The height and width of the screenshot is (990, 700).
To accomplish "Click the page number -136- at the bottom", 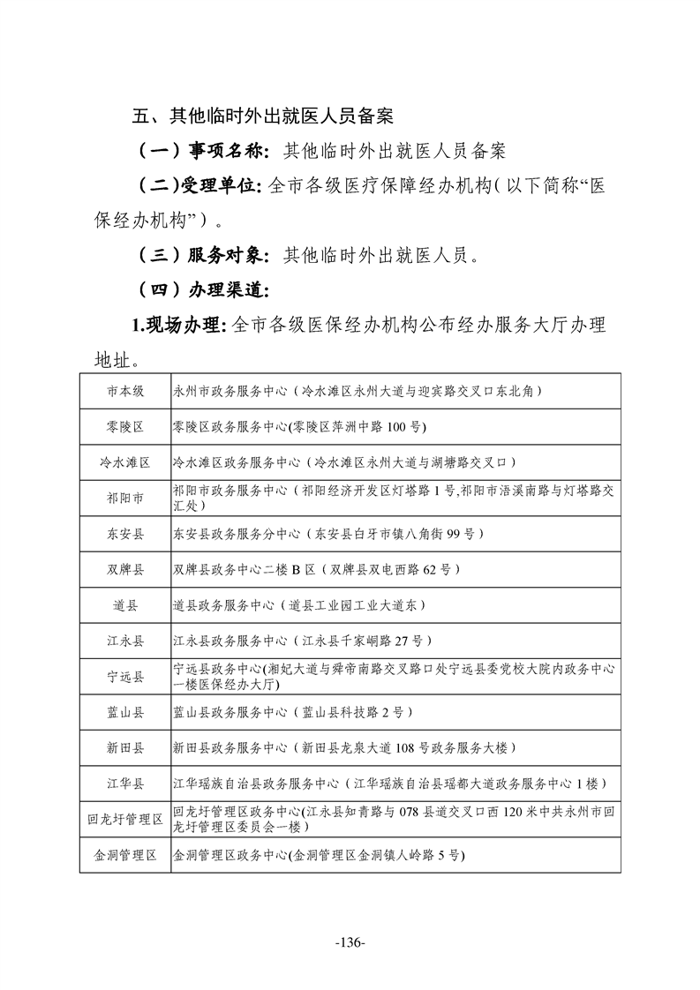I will [x=350, y=942].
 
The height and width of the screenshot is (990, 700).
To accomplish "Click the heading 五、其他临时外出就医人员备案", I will [x=262, y=116].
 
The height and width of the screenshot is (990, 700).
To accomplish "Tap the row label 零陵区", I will [x=125, y=427].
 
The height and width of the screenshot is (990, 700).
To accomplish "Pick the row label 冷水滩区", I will [x=125, y=462].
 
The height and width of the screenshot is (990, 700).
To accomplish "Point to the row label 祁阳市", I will [x=125, y=499].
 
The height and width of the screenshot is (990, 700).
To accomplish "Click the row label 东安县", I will [x=125, y=535].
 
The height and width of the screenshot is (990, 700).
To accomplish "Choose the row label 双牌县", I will [x=125, y=570].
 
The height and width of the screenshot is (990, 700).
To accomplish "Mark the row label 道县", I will [x=125, y=606].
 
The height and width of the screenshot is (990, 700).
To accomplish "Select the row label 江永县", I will [x=125, y=641].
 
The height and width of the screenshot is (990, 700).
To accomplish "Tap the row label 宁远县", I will [x=125, y=677].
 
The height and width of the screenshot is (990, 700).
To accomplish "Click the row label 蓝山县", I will [x=125, y=712].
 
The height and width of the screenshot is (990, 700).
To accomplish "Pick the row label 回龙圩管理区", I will [x=125, y=820].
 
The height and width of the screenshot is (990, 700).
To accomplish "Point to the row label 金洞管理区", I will [x=125, y=855].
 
